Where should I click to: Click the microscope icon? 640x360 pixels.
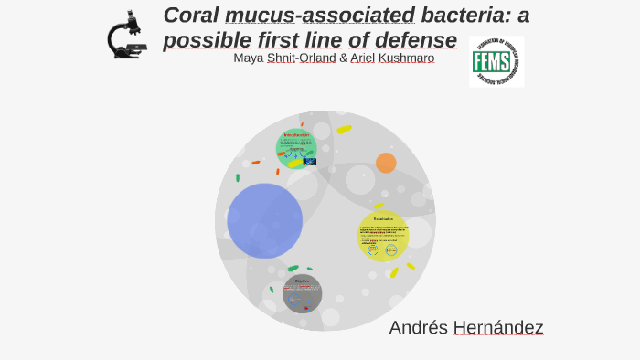(x=126, y=37)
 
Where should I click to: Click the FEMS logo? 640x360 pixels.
(x=496, y=61)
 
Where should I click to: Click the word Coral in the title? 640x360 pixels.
(x=191, y=16)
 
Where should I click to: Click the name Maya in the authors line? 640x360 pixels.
(x=248, y=58)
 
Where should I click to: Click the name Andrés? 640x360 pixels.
(x=418, y=327)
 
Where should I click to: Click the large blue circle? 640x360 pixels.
(x=264, y=221)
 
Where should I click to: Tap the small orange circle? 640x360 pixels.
(x=386, y=163)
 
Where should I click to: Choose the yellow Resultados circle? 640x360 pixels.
(x=383, y=236)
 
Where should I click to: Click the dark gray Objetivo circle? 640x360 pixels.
(x=302, y=293)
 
